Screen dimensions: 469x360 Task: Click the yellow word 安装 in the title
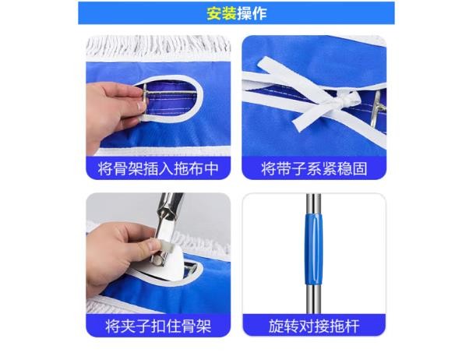(221, 13)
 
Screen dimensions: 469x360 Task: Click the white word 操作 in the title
(252, 13)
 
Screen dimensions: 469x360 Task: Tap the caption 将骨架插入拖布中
(158, 168)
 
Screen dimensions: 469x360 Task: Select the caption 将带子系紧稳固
(314, 168)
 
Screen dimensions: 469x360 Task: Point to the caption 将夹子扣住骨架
(158, 326)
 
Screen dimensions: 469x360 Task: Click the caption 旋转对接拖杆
(314, 326)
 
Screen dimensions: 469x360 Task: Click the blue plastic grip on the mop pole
(314, 249)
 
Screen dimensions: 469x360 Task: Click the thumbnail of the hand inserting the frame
(158, 96)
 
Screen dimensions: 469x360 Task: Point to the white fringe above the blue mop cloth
(158, 47)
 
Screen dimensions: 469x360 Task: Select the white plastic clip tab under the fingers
(167, 246)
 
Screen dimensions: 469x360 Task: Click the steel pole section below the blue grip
(314, 298)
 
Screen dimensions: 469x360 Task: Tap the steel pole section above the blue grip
(314, 203)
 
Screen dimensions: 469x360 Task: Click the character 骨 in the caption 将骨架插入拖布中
(120, 168)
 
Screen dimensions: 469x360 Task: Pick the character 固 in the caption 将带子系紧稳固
(360, 168)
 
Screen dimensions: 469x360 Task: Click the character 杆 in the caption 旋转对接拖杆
(352, 326)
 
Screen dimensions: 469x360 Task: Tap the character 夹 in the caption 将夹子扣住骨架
(128, 326)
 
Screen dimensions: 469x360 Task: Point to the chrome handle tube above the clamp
(170, 206)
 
